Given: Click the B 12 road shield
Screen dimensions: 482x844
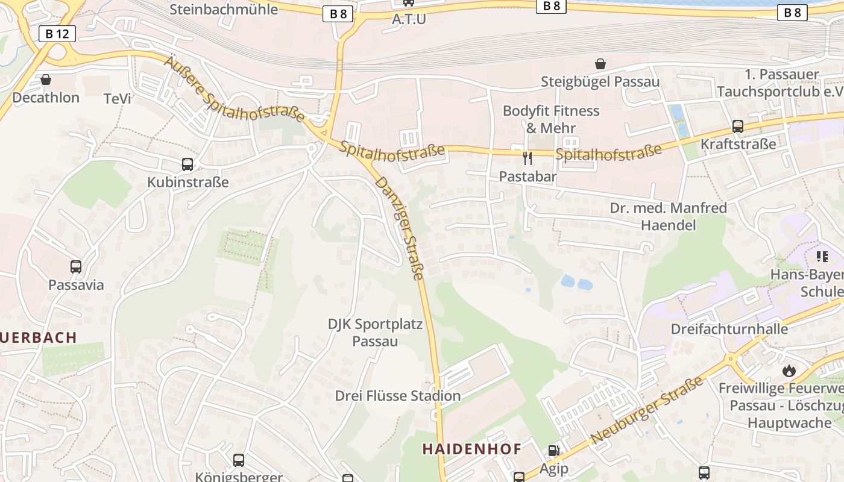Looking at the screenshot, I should click(x=57, y=34).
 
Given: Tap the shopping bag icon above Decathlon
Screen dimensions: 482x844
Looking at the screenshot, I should click(x=46, y=80).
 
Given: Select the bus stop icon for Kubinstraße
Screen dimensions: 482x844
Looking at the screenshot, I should click(x=187, y=164).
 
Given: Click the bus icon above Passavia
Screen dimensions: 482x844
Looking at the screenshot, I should click(x=76, y=266).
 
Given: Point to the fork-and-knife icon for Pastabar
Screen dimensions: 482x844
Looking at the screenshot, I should click(x=527, y=158).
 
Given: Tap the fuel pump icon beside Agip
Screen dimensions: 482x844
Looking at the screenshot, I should click(x=553, y=451).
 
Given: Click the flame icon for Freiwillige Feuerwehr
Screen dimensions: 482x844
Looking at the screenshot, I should click(x=789, y=371).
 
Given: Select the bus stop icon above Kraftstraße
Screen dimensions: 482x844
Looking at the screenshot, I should click(x=737, y=127).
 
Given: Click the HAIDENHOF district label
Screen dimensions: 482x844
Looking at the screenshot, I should click(x=471, y=449).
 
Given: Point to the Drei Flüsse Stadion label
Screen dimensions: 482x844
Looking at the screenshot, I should click(x=398, y=396).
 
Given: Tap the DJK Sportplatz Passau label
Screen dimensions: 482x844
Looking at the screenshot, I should click(x=375, y=333).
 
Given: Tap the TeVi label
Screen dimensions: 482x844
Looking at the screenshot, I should click(x=117, y=98).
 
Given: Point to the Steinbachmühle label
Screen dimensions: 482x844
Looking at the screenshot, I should click(x=224, y=9).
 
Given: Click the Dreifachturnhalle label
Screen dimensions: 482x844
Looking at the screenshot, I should click(x=729, y=329).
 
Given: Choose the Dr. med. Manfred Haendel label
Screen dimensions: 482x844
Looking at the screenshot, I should click(x=668, y=216).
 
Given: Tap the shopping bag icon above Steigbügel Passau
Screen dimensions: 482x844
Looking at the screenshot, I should click(x=600, y=64).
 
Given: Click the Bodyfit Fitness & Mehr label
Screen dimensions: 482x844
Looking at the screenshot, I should click(x=551, y=119).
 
